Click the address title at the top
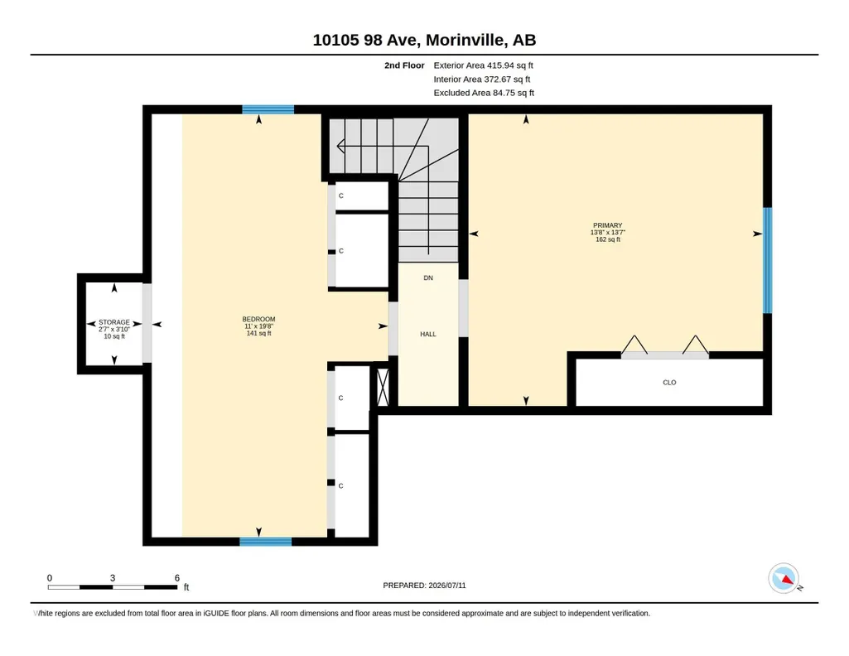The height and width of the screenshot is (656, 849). tap(424, 40)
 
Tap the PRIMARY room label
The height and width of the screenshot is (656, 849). tap(607, 225)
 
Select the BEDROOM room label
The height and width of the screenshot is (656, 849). tap(258, 320)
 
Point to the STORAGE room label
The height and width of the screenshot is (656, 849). tap(114, 322)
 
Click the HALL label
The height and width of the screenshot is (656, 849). tap(427, 335)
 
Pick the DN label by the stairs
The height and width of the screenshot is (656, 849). tap(428, 278)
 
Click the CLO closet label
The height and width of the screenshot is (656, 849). tap(669, 383)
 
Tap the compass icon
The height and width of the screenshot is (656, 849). tap(784, 579)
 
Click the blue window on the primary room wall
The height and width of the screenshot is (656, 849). tap(767, 260)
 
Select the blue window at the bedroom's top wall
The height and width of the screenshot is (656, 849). tap(268, 109)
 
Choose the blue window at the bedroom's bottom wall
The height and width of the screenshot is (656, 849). tap(265, 542)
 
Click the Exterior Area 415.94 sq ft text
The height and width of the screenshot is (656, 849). tap(483, 65)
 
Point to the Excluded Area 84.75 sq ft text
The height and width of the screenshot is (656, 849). tap(484, 93)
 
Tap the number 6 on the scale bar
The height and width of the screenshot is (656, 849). tap(177, 578)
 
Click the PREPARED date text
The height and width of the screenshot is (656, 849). tap(424, 586)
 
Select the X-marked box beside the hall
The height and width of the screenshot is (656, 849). tap(383, 387)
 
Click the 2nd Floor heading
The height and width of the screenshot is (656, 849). tap(404, 65)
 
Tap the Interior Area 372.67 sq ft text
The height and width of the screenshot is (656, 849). tap(482, 80)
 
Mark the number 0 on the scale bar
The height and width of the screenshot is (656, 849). tap(49, 578)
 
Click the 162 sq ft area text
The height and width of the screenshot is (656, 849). tap(607, 239)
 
